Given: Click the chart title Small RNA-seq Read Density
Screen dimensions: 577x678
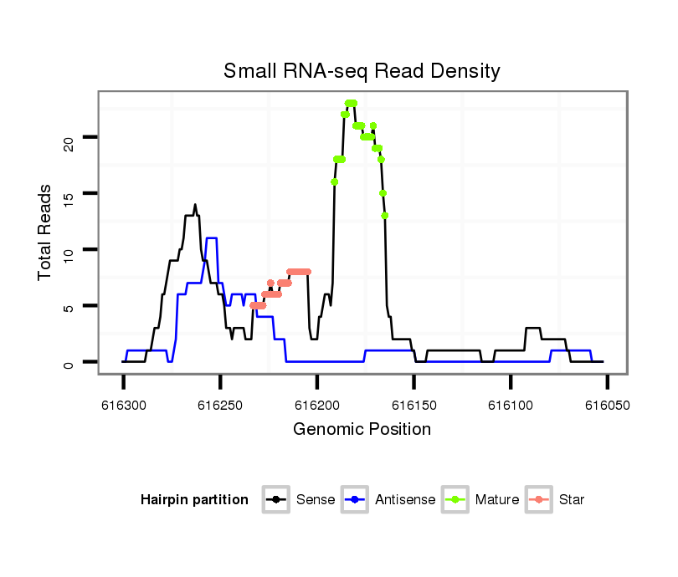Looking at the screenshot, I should (x=362, y=71).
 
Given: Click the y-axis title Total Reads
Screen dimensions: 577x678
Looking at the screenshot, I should (x=46, y=232).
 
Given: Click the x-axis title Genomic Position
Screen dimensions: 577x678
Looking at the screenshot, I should (x=362, y=430).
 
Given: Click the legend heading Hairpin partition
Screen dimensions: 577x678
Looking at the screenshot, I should (x=194, y=500).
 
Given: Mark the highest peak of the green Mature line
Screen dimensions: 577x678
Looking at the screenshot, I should (x=351, y=103).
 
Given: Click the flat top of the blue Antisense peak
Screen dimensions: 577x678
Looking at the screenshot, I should (x=212, y=238).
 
